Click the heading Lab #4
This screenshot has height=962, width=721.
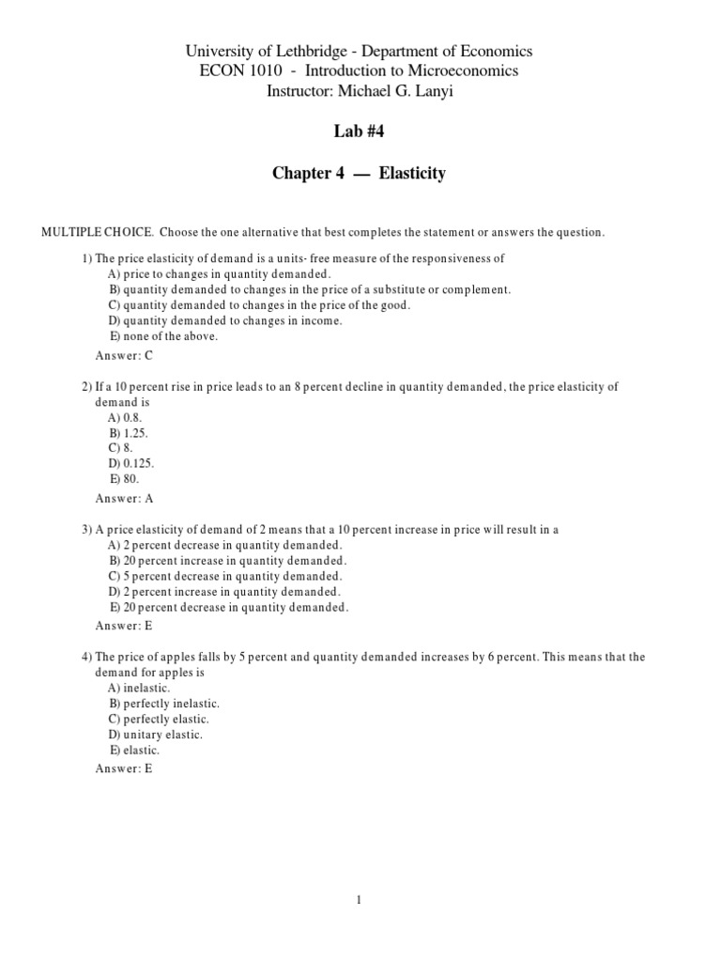(360, 132)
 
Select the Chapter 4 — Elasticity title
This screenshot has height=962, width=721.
(360, 174)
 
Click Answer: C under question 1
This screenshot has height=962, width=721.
(124, 356)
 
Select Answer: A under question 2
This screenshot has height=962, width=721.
(124, 499)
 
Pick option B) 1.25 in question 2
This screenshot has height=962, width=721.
(129, 433)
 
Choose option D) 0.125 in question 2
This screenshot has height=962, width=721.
(131, 463)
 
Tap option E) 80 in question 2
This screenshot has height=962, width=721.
(125, 478)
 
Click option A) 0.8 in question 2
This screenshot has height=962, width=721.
(126, 418)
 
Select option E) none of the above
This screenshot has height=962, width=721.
(163, 335)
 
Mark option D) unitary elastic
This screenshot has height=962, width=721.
(155, 734)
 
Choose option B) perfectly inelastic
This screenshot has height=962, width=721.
(164, 704)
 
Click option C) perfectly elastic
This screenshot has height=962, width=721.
(159, 719)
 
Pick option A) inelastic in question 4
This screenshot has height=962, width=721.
(139, 689)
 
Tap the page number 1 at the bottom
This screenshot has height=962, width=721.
(359, 900)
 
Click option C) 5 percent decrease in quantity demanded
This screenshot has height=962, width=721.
(225, 576)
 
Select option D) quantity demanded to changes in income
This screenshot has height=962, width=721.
(225, 320)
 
